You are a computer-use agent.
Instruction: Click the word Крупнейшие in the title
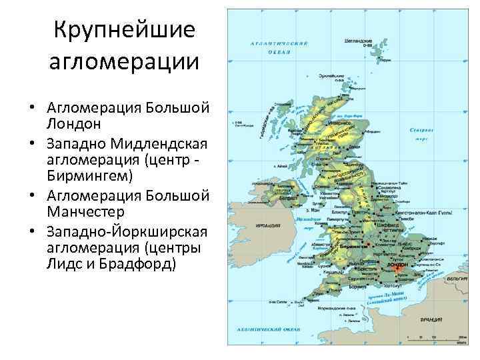pyautogui.click(x=124, y=30)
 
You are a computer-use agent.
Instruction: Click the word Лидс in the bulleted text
pyautogui.click(x=66, y=263)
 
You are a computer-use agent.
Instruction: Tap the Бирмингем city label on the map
pyautogui.click(x=353, y=246)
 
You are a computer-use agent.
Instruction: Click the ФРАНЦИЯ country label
pyautogui.click(x=429, y=319)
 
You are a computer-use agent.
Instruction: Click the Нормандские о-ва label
pyautogui.click(x=331, y=308)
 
